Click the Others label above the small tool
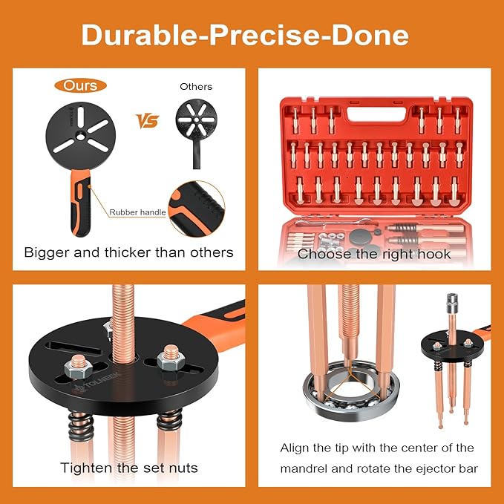[x=195, y=86]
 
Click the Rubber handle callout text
[x=137, y=212]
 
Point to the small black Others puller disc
[x=195, y=119]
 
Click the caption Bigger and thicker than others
[x=128, y=252]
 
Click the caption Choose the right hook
[x=374, y=254]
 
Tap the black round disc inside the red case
[x=362, y=237]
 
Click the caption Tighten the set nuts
[x=128, y=468]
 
